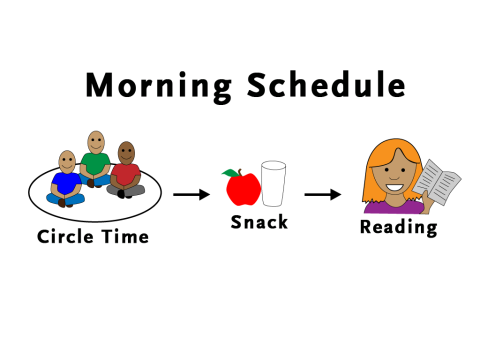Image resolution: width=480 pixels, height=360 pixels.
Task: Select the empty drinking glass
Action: coord(273,184)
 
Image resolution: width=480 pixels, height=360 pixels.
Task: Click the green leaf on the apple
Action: coord(230,173)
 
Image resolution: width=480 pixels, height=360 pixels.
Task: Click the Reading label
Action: coord(398,228)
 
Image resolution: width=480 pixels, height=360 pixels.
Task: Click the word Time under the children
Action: coord(126,237)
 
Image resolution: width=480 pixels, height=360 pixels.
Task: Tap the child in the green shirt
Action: coord(96,165)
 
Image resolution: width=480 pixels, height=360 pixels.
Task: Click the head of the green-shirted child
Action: coord(96,142)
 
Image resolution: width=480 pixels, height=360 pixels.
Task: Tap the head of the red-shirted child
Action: coord(126,153)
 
